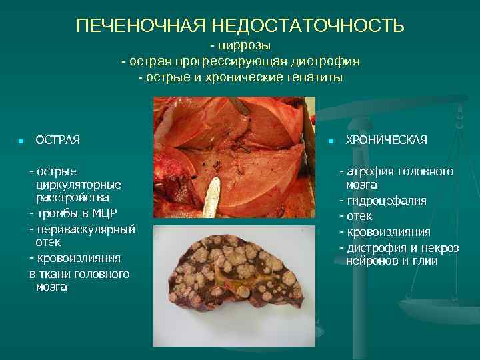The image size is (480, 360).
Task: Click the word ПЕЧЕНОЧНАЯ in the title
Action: coord(141,25)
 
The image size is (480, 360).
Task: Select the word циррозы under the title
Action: coord(243,45)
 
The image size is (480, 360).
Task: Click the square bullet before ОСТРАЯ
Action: coord(21,141)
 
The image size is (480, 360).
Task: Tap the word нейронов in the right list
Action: coord(370,261)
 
